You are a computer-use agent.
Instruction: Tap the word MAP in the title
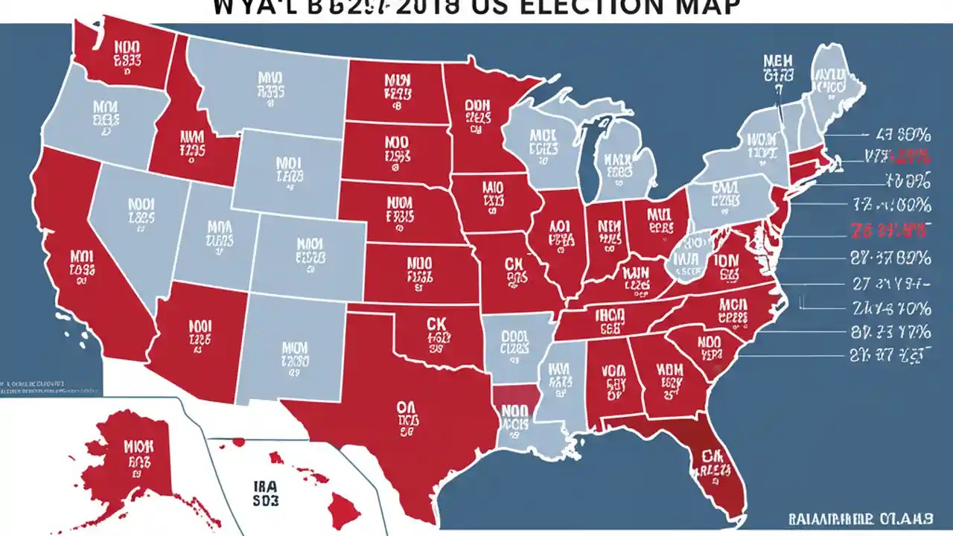(x=707, y=7)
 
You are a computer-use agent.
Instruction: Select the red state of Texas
(x=402, y=402)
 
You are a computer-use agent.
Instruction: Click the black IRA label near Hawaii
(x=261, y=483)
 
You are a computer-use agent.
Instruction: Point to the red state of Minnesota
(x=476, y=119)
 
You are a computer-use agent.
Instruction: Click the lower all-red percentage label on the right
(x=890, y=228)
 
